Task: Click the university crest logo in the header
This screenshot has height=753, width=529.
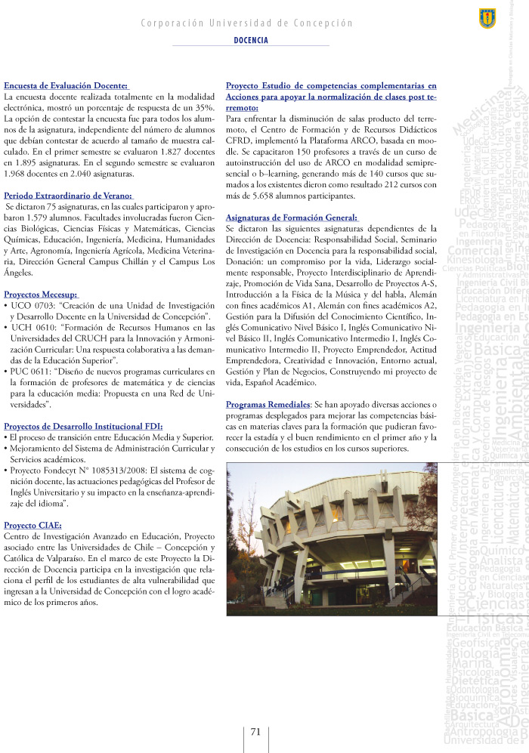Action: (487, 16)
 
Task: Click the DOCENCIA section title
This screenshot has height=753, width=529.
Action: (251, 40)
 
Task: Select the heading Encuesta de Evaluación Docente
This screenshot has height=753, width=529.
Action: (67, 86)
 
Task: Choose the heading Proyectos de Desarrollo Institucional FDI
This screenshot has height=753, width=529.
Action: (83, 426)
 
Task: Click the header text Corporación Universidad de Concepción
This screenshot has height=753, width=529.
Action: (246, 23)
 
